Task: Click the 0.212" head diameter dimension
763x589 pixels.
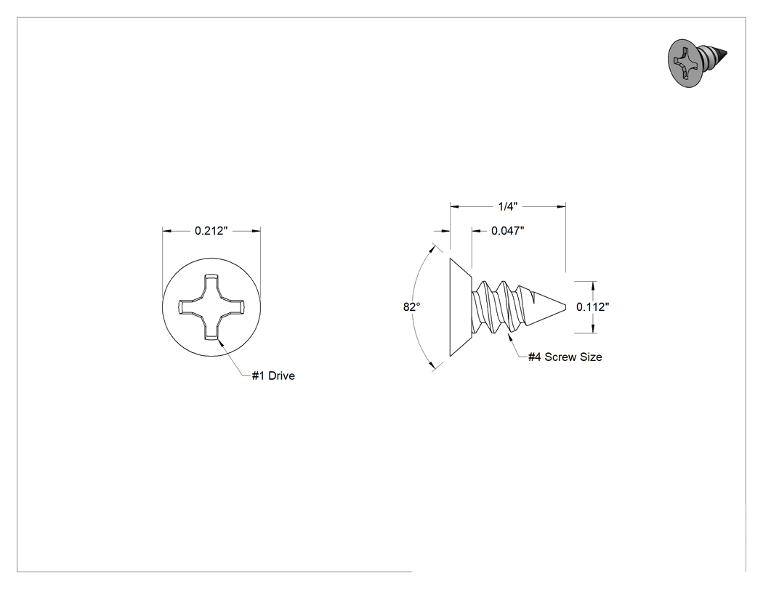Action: [211, 230]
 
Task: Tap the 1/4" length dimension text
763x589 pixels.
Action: [507, 207]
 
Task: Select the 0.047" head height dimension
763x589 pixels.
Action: [507, 230]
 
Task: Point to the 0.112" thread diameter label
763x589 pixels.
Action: [593, 307]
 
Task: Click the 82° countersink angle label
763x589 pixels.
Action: [411, 307]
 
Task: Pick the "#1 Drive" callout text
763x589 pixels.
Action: [273, 375]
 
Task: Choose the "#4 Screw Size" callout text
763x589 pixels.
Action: [565, 357]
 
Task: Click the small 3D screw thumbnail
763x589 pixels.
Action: [698, 63]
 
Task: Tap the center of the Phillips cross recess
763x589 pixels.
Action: [211, 307]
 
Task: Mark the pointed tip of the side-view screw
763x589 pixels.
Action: [565, 307]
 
